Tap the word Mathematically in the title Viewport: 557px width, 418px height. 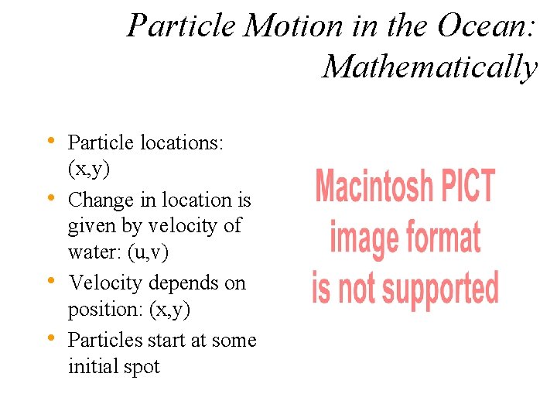coord(429,67)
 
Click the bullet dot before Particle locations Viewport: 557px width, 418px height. coord(50,140)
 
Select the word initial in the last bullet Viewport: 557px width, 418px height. coord(91,366)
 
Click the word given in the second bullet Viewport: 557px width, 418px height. coord(90,226)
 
